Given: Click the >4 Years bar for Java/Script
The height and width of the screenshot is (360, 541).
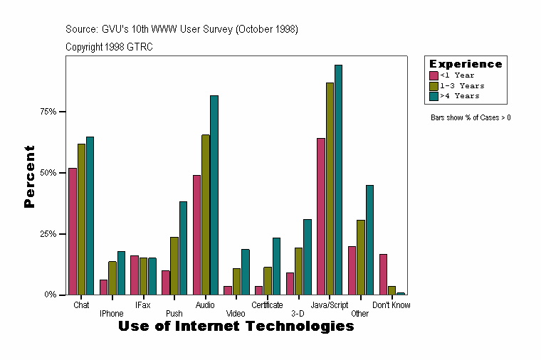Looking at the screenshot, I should (339, 179).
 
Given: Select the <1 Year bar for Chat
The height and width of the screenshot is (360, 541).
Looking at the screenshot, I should (73, 231).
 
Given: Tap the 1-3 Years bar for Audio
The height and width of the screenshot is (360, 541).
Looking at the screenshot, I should (206, 214).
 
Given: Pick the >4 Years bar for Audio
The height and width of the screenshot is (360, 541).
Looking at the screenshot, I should (214, 195).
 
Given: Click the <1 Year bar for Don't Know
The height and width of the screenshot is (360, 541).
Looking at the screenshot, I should (383, 274).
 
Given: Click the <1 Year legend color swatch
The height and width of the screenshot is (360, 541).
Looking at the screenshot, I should (434, 75).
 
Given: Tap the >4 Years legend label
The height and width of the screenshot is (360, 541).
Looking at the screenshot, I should (460, 95).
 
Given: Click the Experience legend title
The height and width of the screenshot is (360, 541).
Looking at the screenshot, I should (466, 64).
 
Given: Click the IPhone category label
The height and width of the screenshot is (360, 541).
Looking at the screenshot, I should (112, 313).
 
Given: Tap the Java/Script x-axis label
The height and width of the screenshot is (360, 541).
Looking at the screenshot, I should (330, 305).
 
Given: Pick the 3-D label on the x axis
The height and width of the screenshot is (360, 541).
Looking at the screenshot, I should (298, 313).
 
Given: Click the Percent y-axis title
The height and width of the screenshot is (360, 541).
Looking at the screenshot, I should (29, 176).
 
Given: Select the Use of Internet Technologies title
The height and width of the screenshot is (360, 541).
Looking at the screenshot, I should (236, 327).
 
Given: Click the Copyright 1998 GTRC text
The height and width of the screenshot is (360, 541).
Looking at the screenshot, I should (109, 47).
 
